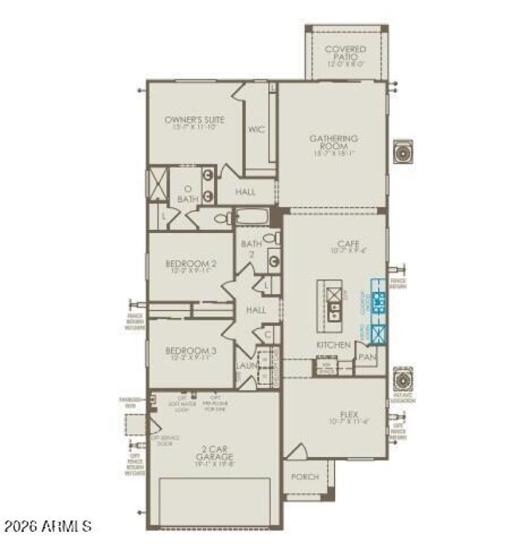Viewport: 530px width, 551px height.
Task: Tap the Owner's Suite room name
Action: pos(194,120)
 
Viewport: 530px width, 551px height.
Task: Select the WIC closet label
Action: pos(256,129)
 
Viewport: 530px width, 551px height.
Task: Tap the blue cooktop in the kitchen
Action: pos(379,302)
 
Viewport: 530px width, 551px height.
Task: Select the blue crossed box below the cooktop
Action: pos(379,333)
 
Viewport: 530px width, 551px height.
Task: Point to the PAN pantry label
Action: pos(367,357)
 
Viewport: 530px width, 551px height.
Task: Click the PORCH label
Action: pos(305,477)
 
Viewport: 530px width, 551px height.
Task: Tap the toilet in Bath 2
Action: pos(270,238)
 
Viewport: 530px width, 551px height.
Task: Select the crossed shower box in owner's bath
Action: pos(158,183)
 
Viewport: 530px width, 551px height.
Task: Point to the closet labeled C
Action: pos(268,335)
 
